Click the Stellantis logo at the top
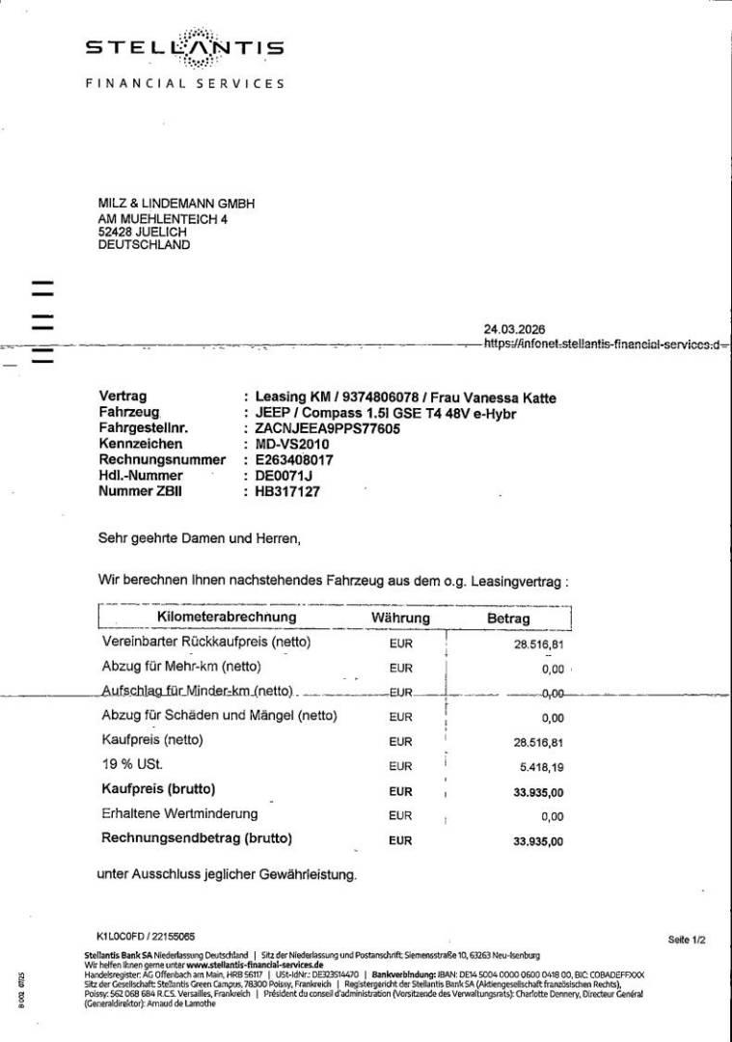185,49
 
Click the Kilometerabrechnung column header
227,617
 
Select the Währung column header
400,618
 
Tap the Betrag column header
508,618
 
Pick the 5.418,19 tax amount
539,767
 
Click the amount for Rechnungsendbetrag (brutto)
539,841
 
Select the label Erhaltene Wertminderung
179,814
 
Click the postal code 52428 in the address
117,232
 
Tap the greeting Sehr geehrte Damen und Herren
200,538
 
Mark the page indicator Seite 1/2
687,939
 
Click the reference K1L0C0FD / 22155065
146,937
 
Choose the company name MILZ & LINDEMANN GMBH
176,204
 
